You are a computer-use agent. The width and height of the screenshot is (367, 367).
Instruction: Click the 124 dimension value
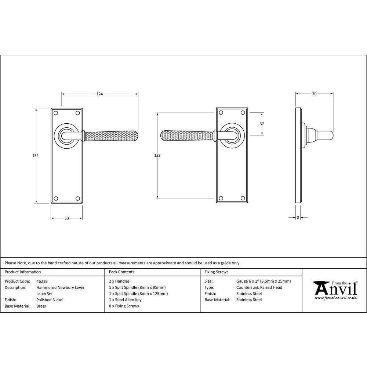point(99,94)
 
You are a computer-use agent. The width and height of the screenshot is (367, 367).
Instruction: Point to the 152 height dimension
point(36,156)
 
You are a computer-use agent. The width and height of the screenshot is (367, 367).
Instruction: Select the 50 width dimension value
point(66,218)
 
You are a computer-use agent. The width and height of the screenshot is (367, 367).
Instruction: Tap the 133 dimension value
point(157,156)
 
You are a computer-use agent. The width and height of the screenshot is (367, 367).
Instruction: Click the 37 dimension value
point(262,124)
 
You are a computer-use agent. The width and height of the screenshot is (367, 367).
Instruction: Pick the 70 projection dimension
point(314,94)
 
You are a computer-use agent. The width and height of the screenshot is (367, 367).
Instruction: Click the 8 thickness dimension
point(298,218)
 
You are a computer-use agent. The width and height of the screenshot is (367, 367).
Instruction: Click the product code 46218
point(42,281)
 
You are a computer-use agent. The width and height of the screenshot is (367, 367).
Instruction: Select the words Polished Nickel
point(50,300)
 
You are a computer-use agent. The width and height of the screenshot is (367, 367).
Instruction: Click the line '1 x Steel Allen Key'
point(125,300)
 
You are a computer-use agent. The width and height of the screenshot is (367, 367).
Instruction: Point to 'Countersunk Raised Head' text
point(259,288)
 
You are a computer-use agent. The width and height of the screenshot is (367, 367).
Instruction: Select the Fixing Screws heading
point(216,272)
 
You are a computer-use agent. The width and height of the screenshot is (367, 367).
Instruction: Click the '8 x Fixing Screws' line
point(124,306)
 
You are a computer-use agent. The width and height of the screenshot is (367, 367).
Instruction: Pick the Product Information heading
point(23,272)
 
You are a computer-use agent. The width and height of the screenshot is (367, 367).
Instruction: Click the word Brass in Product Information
point(41,306)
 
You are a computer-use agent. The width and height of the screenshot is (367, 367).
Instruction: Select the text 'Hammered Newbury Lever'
point(60,288)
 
